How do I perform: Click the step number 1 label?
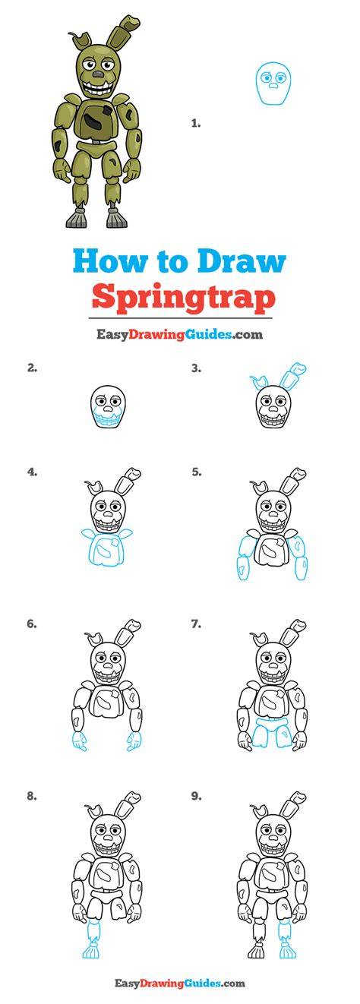pos(195,123)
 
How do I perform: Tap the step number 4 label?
pos(32,472)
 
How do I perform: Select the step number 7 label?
pos(195,624)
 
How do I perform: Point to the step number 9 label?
pos(196,796)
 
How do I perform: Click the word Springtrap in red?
pos(183,297)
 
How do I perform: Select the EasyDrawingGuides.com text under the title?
pos(180,334)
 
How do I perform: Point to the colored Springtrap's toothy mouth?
pos(98,88)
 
